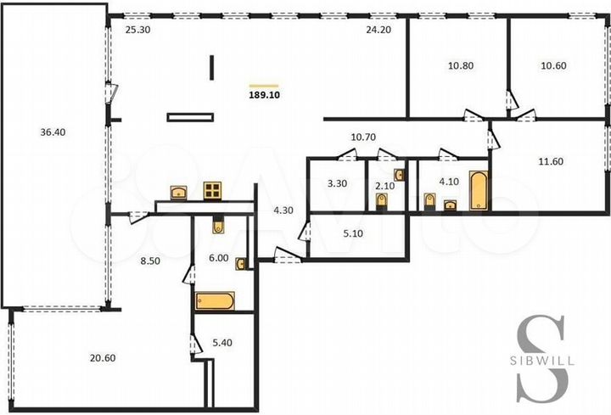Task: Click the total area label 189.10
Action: pyautogui.click(x=264, y=97)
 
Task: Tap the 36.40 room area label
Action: pyautogui.click(x=52, y=132)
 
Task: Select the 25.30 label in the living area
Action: pyautogui.click(x=137, y=29)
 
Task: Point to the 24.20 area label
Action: pyautogui.click(x=378, y=29)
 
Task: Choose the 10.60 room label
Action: pyautogui.click(x=554, y=64)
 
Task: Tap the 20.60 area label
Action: pyautogui.click(x=102, y=358)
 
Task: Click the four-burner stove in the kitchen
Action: pyautogui.click(x=212, y=190)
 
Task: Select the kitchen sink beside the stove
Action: pyautogui.click(x=179, y=193)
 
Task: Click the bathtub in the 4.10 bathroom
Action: pyautogui.click(x=478, y=190)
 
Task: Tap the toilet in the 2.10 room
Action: pyautogui.click(x=383, y=200)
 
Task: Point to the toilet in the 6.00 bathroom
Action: pyautogui.click(x=217, y=226)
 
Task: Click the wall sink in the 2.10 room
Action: pyautogui.click(x=401, y=175)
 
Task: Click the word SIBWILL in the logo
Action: pyautogui.click(x=543, y=360)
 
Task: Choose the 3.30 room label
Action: pyautogui.click(x=335, y=181)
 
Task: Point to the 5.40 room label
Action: pyautogui.click(x=221, y=343)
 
